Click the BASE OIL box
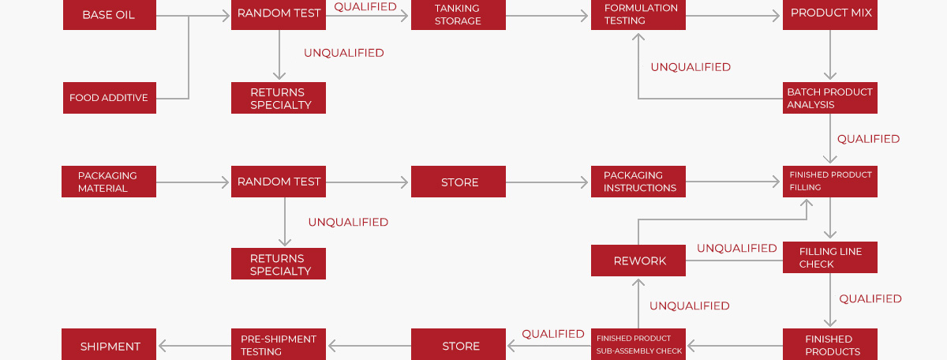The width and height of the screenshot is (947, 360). click(110, 15)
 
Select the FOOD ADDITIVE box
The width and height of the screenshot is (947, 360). click(110, 98)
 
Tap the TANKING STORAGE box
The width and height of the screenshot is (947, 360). click(459, 15)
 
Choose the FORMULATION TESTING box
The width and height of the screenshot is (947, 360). click(638, 15)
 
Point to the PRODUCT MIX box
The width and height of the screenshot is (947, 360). click(830, 15)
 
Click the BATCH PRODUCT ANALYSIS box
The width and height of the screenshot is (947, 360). click(830, 98)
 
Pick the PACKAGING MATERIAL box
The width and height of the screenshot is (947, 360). click(109, 182)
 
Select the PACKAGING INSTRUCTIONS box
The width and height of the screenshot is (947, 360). click(638, 182)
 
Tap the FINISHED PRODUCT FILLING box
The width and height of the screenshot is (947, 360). click(830, 182)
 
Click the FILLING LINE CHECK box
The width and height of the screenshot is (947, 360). click(830, 257)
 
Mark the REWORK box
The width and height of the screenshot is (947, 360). click(638, 261)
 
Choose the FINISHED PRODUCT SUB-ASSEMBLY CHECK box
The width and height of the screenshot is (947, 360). click(638, 344)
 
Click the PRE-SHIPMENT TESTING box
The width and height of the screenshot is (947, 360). click(278, 344)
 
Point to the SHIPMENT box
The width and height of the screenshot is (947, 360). click(109, 344)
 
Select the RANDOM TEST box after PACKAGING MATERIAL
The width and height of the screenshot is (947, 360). click(278, 182)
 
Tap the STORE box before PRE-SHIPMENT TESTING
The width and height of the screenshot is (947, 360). click(459, 344)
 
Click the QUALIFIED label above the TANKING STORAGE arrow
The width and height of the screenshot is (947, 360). click(365, 6)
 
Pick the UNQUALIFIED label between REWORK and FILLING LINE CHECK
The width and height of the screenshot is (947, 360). click(737, 248)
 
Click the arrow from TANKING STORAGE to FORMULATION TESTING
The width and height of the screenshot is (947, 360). click(547, 16)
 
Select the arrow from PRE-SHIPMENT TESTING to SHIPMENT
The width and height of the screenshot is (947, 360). click(194, 346)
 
